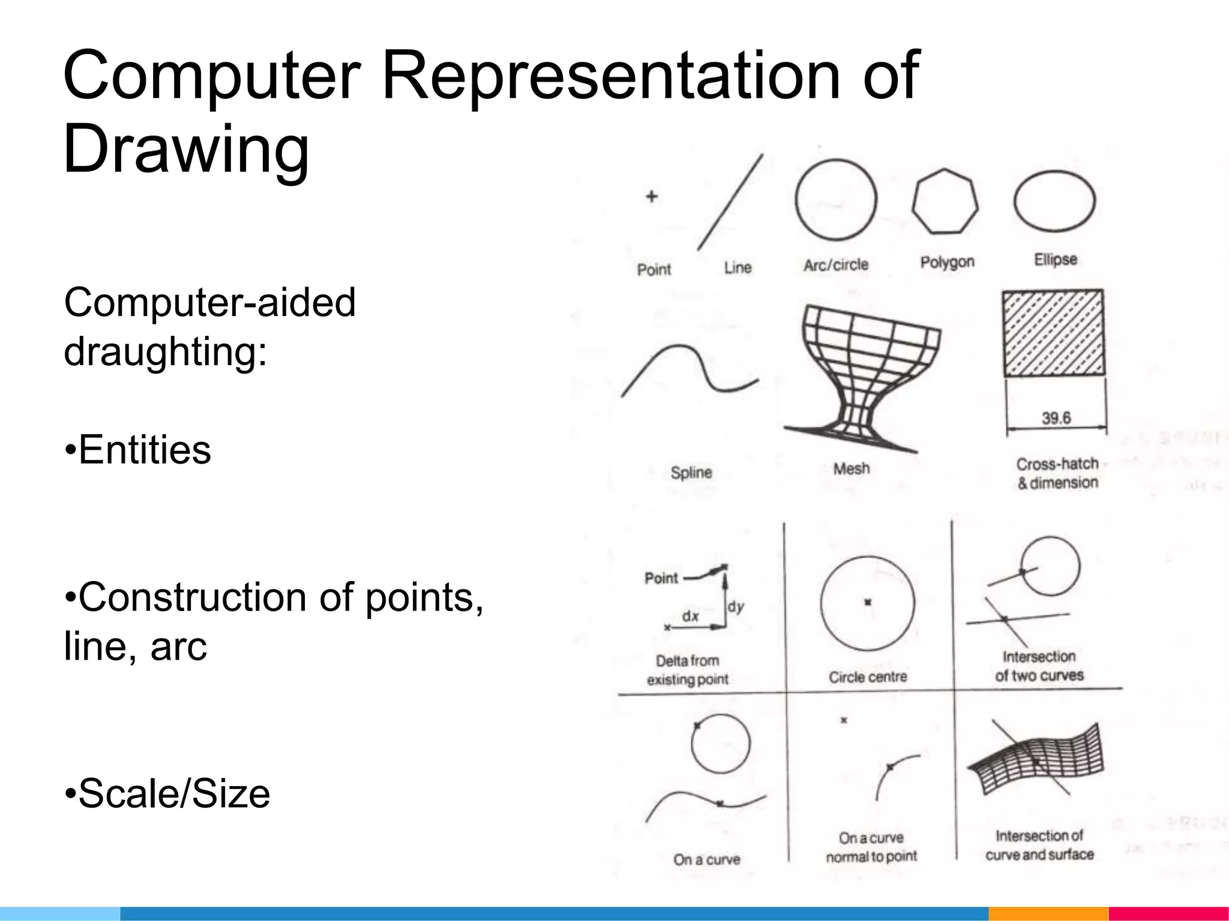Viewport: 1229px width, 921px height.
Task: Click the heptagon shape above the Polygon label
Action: [945, 201]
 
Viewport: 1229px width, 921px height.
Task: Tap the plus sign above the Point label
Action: [652, 197]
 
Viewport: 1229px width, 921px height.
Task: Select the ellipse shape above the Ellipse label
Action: [1054, 201]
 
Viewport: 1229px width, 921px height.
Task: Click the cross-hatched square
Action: [1053, 333]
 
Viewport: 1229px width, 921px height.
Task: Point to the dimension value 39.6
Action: [1056, 418]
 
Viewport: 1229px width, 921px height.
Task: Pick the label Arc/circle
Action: [836, 264]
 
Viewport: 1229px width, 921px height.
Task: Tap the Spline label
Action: [691, 472]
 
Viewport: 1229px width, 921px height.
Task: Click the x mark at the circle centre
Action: [868, 602]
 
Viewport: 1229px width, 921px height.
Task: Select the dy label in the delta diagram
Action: [736, 607]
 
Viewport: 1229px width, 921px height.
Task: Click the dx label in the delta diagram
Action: [690, 616]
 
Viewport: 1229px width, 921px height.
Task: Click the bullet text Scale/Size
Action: [174, 793]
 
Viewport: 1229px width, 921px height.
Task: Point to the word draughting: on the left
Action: [165, 351]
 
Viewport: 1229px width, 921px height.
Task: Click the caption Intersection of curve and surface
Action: [1039, 845]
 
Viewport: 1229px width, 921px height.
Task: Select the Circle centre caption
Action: [868, 677]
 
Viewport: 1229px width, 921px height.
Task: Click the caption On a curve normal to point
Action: [871, 847]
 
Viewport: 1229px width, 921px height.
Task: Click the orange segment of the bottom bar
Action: [1048, 914]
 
